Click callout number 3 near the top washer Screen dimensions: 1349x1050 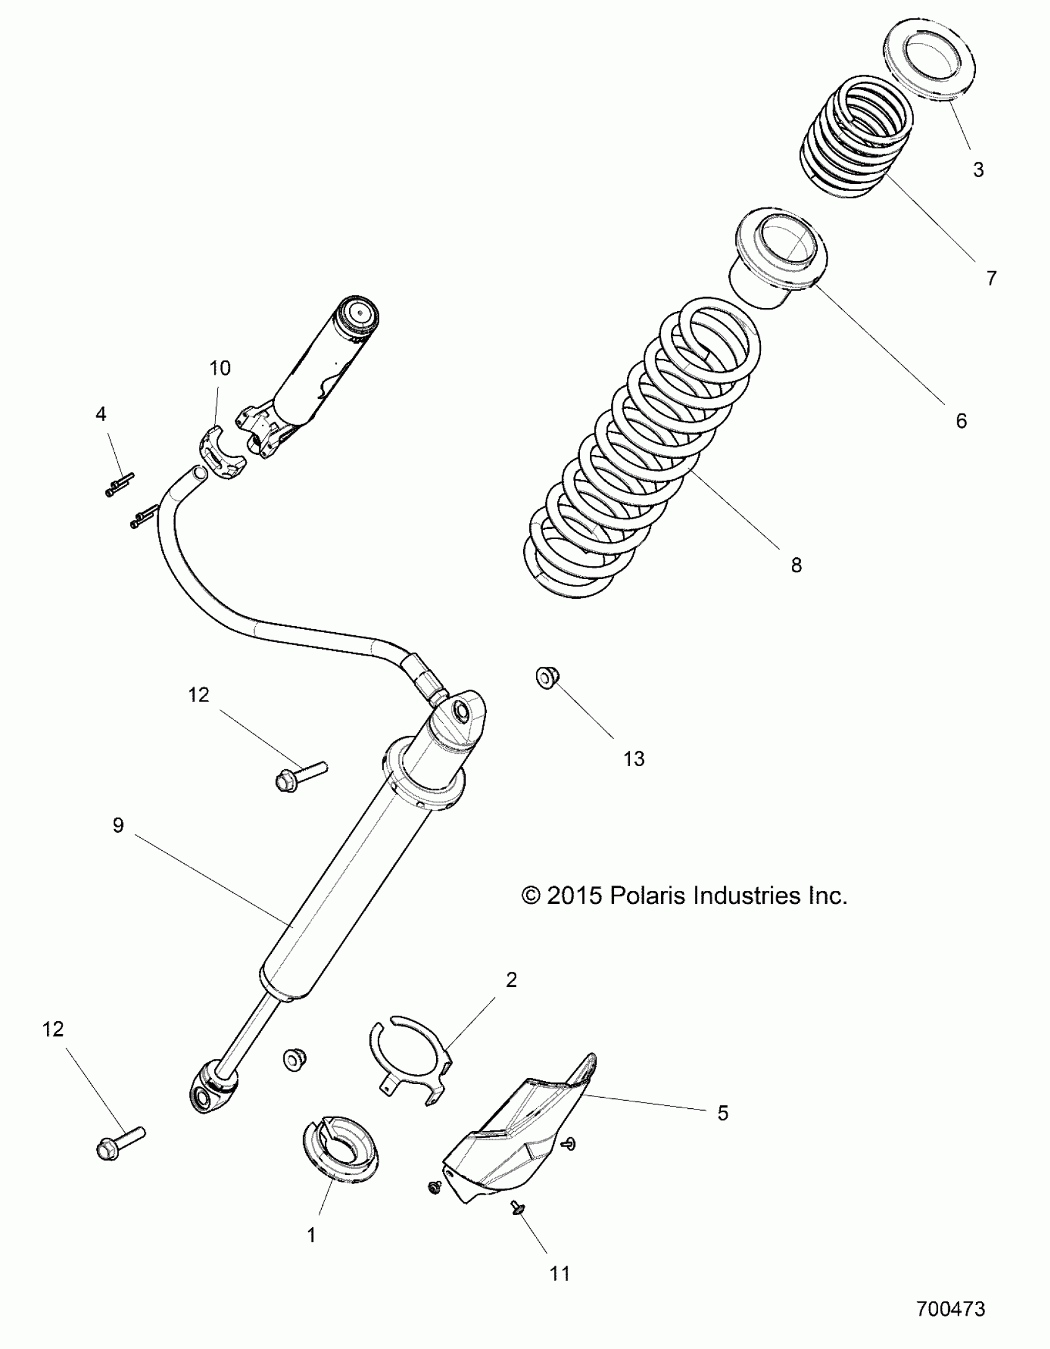tap(978, 169)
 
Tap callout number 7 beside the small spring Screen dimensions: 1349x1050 tap(991, 278)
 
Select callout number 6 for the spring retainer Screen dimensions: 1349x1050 tap(961, 421)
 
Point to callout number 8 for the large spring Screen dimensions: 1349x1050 tap(796, 564)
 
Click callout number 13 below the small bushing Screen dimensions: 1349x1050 tap(634, 759)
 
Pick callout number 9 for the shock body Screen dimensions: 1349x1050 tap(118, 825)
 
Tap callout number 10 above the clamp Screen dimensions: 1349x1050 tap(220, 368)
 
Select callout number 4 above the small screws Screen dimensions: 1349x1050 tap(101, 414)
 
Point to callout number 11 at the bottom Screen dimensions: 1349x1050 tap(560, 1274)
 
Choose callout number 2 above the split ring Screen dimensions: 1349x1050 tap(511, 980)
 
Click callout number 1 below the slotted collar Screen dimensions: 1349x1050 tap(311, 1235)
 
